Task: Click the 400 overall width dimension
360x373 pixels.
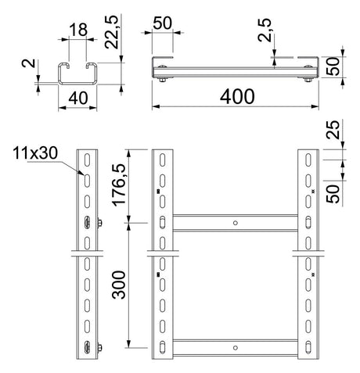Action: (x=237, y=96)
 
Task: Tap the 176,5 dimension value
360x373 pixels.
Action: (x=119, y=185)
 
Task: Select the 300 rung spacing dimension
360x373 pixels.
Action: (x=119, y=285)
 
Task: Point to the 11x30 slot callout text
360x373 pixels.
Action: (x=35, y=153)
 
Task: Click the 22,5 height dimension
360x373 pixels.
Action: (x=112, y=32)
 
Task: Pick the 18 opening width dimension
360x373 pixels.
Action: (x=78, y=30)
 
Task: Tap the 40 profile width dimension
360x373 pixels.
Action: (x=78, y=99)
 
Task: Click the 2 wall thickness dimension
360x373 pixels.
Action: (x=29, y=63)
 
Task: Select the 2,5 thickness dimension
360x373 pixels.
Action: (x=265, y=30)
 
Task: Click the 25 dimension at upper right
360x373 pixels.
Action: (x=333, y=130)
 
